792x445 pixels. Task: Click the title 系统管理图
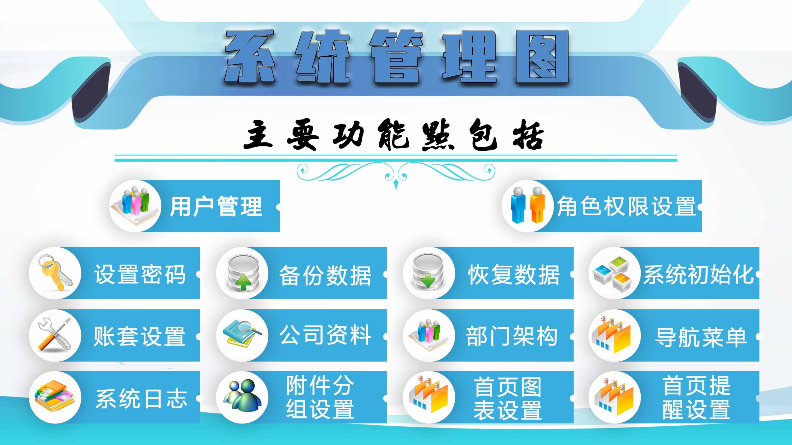[396, 57]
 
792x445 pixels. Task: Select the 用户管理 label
[216, 206]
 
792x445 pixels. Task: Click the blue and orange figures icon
[527, 206]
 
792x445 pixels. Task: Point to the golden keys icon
[55, 273]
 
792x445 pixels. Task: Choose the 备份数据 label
[325, 275]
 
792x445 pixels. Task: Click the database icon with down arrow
[428, 273]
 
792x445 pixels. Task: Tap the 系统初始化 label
[698, 275]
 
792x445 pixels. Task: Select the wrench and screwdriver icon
[55, 335]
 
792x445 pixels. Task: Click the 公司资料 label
[325, 336]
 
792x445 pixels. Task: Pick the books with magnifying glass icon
[242, 335]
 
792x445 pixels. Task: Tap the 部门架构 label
[511, 337]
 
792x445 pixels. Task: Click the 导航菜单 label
[700, 337]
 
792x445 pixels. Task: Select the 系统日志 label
[142, 399]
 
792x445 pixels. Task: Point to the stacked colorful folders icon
[55, 397]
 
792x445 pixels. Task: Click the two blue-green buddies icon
[242, 397]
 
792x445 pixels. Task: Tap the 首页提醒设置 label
[696, 398]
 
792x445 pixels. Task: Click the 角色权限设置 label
[626, 206]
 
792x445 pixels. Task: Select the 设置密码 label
[140, 275]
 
